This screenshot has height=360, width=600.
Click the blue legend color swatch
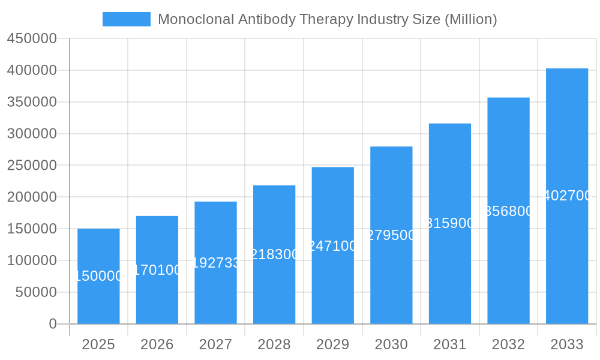point(126,19)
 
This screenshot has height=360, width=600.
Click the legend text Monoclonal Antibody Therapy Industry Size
point(327,19)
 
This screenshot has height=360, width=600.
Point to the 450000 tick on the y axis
point(32,39)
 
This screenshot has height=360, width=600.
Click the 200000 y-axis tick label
point(32,197)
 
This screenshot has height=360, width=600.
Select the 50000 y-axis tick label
point(35,292)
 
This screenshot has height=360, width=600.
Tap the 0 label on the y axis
point(53,324)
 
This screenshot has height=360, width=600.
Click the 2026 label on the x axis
point(157,344)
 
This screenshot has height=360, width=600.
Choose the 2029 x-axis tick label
point(333,344)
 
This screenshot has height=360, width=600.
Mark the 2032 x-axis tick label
point(508,344)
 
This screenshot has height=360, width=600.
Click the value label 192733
point(216,263)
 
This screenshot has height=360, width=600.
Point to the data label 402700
point(568,196)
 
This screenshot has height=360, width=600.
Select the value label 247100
point(333,246)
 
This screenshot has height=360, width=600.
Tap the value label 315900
point(450,224)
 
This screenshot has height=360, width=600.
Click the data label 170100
point(157,270)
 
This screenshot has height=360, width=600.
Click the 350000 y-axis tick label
point(32,102)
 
